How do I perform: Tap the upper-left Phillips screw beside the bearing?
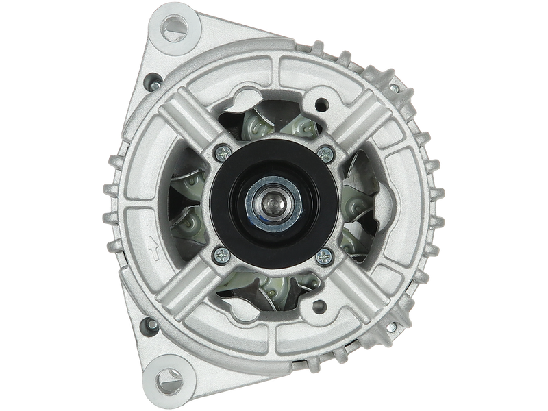[x=223, y=151]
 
